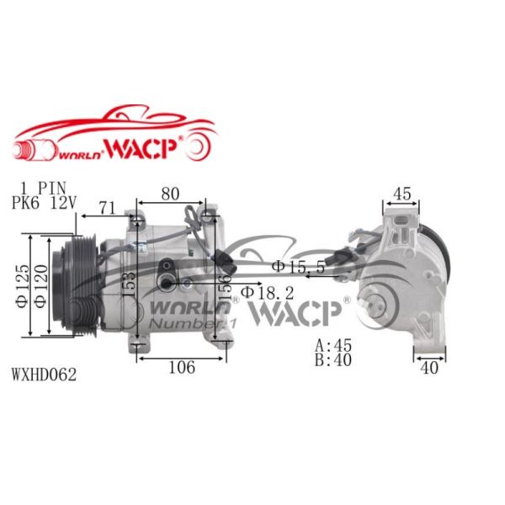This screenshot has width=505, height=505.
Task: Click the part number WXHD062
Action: click(x=45, y=375)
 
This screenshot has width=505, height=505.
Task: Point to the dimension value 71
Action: click(x=107, y=207)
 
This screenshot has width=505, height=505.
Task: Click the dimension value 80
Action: click(x=170, y=194)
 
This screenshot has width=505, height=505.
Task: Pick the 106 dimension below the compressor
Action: click(x=181, y=367)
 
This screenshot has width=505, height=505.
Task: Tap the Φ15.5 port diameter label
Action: click(x=298, y=267)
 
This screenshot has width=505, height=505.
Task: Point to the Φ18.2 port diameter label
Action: click(x=268, y=292)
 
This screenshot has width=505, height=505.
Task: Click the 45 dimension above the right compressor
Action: click(x=402, y=194)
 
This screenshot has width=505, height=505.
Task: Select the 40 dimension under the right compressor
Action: click(x=428, y=367)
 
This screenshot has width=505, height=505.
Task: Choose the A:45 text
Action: click(x=334, y=344)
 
